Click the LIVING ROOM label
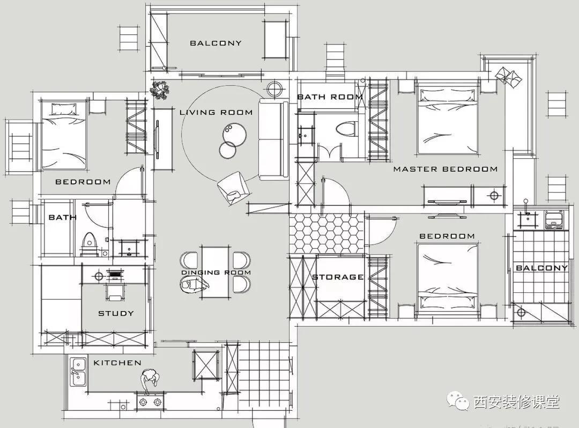(x=216, y=112)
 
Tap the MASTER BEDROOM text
(x=446, y=169)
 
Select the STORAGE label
(x=338, y=277)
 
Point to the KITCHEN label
(x=117, y=363)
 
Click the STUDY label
(x=116, y=314)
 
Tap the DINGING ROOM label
(x=216, y=272)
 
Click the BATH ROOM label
(x=330, y=97)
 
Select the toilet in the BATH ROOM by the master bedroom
(x=346, y=129)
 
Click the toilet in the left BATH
(x=88, y=243)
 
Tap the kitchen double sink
(x=78, y=372)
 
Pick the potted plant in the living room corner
(x=160, y=90)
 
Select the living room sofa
(x=273, y=139)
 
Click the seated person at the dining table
(x=194, y=285)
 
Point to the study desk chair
(x=115, y=292)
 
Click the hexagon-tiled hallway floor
(x=327, y=233)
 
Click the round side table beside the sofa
(x=274, y=89)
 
